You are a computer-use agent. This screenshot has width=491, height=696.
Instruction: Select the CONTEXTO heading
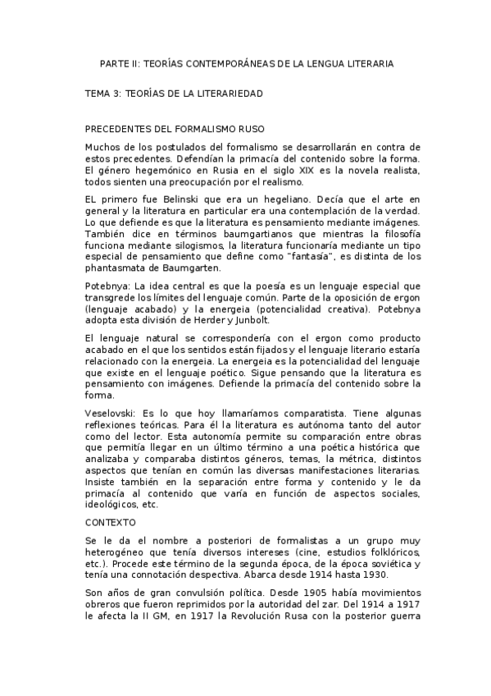(x=111, y=521)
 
